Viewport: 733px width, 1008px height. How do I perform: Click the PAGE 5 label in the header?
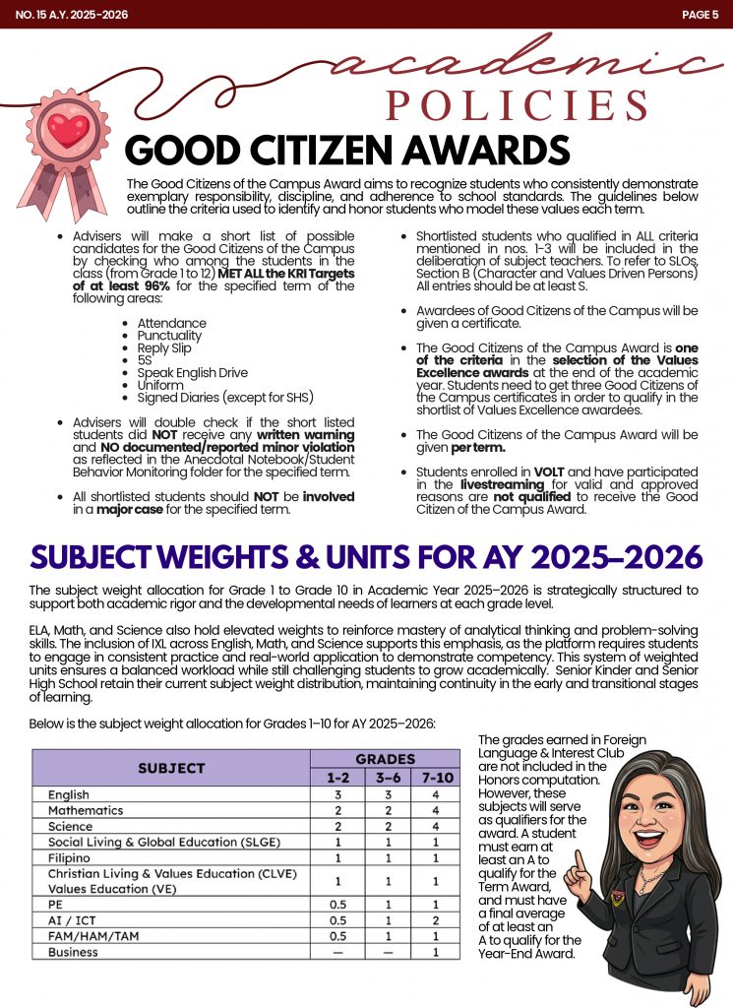pyautogui.click(x=700, y=14)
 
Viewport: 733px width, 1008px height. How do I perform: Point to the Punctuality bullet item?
pyautogui.click(x=169, y=336)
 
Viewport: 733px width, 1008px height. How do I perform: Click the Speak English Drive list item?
pyautogui.click(x=193, y=373)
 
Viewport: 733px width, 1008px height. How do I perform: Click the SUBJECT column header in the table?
pyautogui.click(x=171, y=768)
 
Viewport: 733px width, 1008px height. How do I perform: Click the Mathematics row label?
pyautogui.click(x=86, y=810)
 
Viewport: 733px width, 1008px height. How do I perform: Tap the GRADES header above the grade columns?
pyautogui.click(x=385, y=759)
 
